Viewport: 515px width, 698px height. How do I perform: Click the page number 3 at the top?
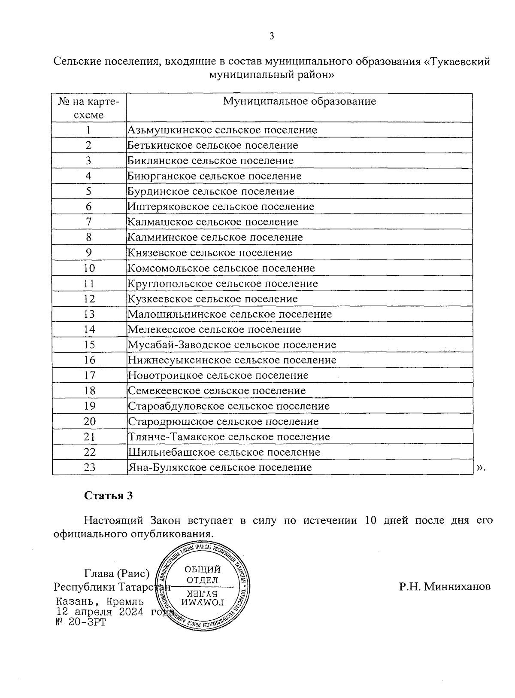pyautogui.click(x=271, y=36)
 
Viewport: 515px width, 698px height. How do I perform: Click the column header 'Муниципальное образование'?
pyautogui.click(x=299, y=101)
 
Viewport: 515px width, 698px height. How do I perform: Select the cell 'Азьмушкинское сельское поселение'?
pyautogui.click(x=222, y=130)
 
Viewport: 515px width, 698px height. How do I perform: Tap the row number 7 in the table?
pyautogui.click(x=89, y=222)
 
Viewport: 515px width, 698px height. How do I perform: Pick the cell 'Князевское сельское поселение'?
pyautogui.click(x=210, y=253)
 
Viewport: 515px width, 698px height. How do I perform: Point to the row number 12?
pyautogui.click(x=89, y=299)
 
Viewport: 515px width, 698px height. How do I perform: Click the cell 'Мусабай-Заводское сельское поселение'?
pyautogui.click(x=232, y=345)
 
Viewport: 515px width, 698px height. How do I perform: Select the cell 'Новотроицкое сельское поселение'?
pyautogui.click(x=218, y=375)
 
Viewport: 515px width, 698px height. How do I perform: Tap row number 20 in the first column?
pyautogui.click(x=89, y=421)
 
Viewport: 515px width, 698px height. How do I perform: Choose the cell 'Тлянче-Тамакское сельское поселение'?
pyautogui.click(x=229, y=437)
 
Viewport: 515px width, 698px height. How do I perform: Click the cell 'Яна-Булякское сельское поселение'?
pyautogui.click(x=220, y=467)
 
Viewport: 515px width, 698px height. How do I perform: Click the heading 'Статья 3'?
pyautogui.click(x=109, y=496)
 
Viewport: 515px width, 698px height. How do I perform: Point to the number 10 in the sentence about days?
pyautogui.click(x=371, y=521)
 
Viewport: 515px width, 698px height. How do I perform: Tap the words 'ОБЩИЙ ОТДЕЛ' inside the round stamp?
pyautogui.click(x=203, y=575)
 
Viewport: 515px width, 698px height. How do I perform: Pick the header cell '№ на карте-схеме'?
pyautogui.click(x=89, y=108)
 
